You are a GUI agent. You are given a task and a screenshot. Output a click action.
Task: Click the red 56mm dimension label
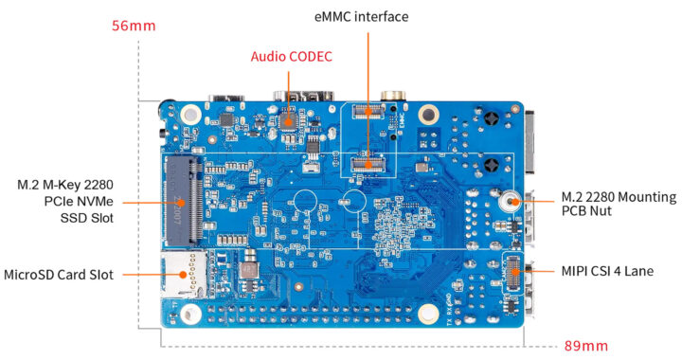[x=133, y=26]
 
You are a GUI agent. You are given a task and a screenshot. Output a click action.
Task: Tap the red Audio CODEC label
[x=291, y=56]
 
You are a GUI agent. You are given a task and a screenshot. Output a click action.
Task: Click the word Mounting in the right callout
[x=641, y=197]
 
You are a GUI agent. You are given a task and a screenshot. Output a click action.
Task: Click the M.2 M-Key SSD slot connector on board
[x=182, y=198]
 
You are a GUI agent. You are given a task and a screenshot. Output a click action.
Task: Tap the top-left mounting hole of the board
[x=190, y=115]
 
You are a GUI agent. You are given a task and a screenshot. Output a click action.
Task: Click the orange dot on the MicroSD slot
[x=183, y=275]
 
